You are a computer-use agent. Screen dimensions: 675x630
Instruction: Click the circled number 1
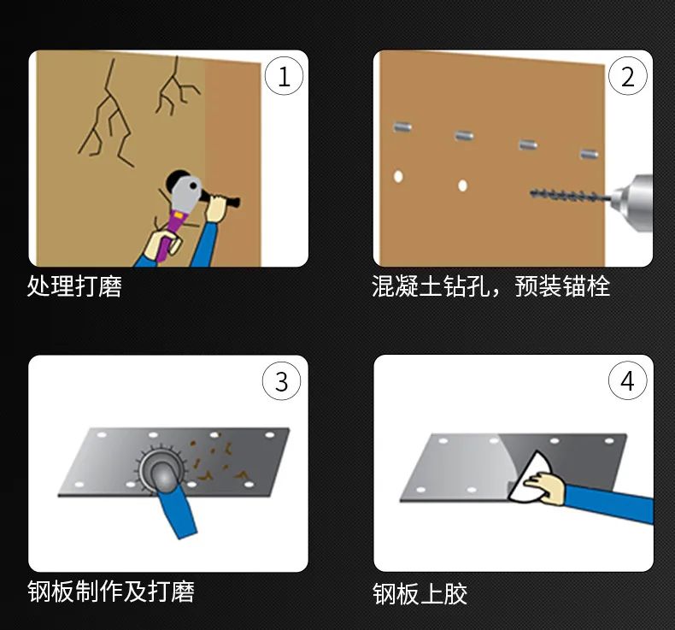pyautogui.click(x=284, y=77)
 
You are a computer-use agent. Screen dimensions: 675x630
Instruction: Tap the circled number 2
pyautogui.click(x=628, y=76)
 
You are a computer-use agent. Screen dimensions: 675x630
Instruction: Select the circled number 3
pyautogui.click(x=282, y=381)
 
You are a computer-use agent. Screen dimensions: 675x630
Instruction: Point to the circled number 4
pyautogui.click(x=628, y=380)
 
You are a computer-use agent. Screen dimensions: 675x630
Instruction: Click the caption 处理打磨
pyautogui.click(x=74, y=286)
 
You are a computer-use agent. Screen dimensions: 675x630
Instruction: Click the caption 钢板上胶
pyautogui.click(x=420, y=594)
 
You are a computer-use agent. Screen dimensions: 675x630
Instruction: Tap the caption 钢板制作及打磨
pyautogui.click(x=111, y=591)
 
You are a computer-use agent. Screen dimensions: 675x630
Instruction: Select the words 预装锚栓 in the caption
pyautogui.click(x=562, y=286)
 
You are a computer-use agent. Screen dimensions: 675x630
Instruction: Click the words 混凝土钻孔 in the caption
pyautogui.click(x=431, y=286)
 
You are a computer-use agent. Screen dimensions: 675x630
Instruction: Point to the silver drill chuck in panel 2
pyautogui.click(x=632, y=203)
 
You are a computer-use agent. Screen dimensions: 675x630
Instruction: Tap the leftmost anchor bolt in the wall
pyautogui.click(x=402, y=127)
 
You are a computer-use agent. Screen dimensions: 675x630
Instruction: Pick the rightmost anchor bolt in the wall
pyautogui.click(x=590, y=154)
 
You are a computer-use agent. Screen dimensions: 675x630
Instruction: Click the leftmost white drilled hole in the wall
pyautogui.click(x=398, y=177)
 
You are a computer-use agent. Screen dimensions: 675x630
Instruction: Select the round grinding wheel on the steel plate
pyautogui.click(x=161, y=469)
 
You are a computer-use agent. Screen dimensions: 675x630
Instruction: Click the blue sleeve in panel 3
pyautogui.click(x=178, y=511)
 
